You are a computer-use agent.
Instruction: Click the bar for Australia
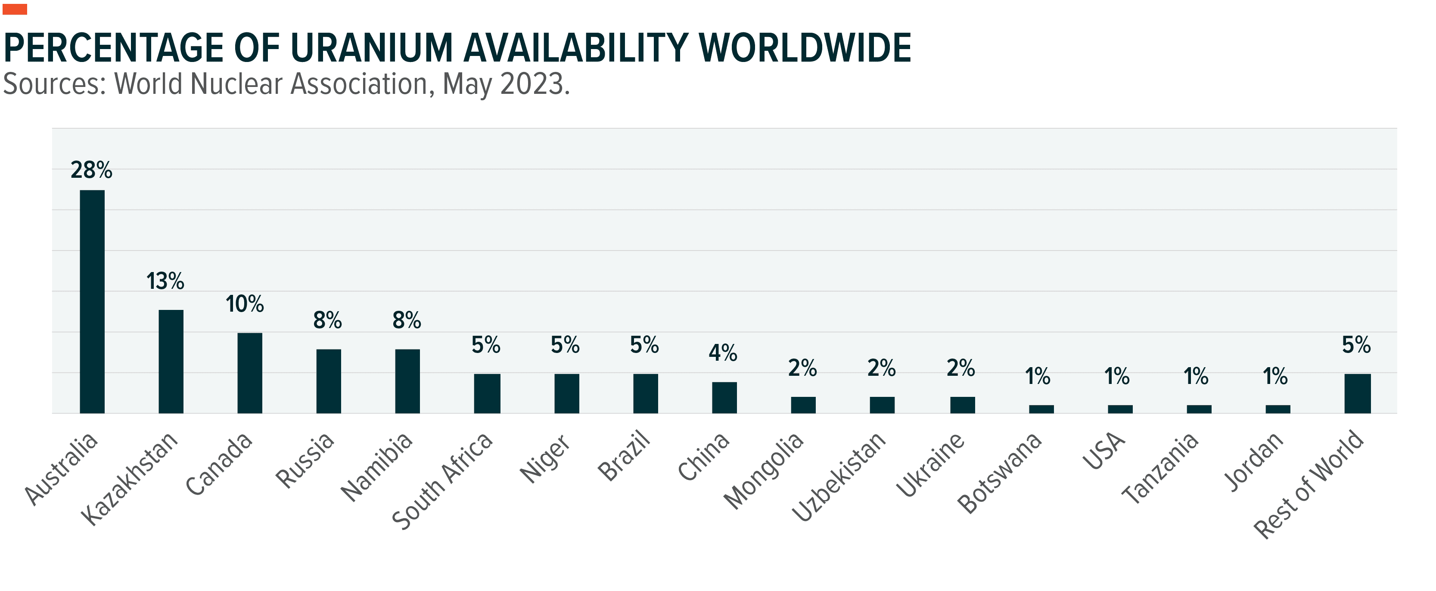[92, 301]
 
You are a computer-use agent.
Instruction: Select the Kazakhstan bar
[171, 361]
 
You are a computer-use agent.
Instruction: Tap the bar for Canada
[250, 373]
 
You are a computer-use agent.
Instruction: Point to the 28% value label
[91, 170]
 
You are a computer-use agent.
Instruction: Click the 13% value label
[165, 282]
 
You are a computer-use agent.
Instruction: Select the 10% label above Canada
[245, 304]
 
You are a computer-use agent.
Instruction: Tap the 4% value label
[723, 353]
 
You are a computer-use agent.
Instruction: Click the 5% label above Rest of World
[1356, 345]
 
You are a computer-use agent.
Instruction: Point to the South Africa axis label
[443, 480]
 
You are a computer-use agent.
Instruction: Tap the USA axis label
[1104, 451]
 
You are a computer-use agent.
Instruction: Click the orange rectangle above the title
[15, 9]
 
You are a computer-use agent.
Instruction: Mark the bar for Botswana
[1041, 409]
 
